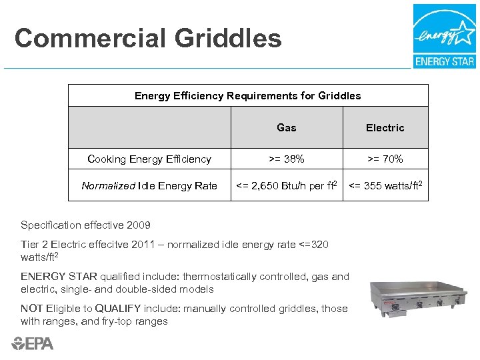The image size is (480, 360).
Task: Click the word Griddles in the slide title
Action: click(228, 39)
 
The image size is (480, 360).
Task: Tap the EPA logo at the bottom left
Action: click(32, 343)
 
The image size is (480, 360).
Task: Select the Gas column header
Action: click(287, 127)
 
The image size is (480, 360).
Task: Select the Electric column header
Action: click(385, 127)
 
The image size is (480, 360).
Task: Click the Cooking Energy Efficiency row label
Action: click(149, 159)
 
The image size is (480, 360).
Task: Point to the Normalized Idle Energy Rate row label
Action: click(149, 185)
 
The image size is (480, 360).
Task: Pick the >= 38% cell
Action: click(287, 159)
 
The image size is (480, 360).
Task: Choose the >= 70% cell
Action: click(385, 159)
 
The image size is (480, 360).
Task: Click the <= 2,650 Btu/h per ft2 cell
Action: click(287, 185)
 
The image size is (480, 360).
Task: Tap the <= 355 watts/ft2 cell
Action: click(385, 185)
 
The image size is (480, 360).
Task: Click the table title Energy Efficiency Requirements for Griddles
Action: click(248, 95)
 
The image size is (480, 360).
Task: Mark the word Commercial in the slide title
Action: click(90, 39)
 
